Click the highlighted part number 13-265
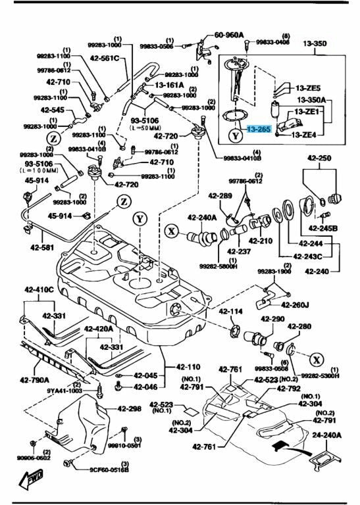pos(258,130)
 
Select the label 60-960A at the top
pos(228,34)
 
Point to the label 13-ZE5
pos(307,87)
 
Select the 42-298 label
pos(130,408)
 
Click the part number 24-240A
pos(328,435)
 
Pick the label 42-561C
pos(105,59)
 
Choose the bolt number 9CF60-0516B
pos(109,470)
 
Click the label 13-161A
pos(170,85)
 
